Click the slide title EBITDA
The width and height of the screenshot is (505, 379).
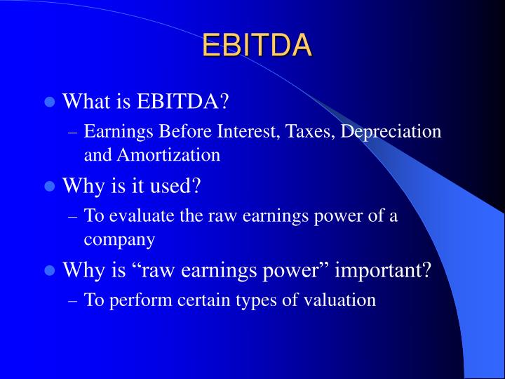[x=257, y=45]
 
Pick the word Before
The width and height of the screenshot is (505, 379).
[x=175, y=132]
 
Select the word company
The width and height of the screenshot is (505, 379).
[x=119, y=240]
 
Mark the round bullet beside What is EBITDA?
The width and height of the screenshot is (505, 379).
[x=50, y=102]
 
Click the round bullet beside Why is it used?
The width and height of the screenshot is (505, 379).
[x=50, y=187]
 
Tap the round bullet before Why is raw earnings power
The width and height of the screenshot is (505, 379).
[x=50, y=271]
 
